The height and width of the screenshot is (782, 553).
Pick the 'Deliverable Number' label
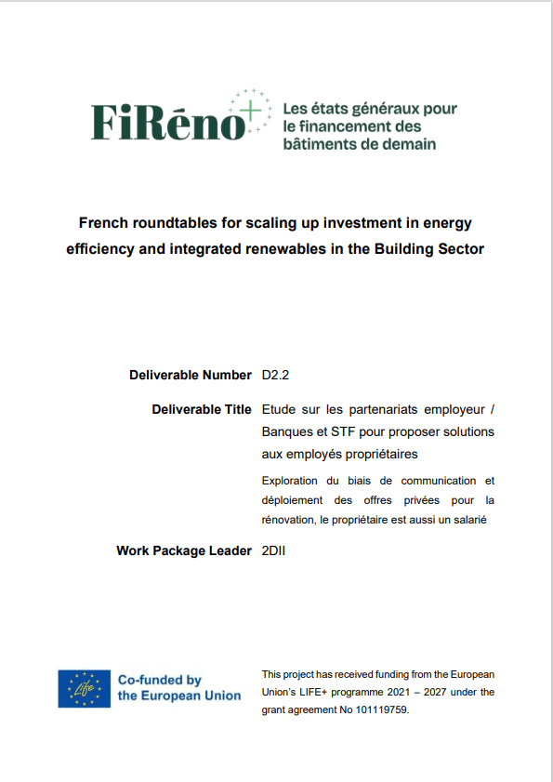(191, 376)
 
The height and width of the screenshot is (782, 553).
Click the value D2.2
(278, 376)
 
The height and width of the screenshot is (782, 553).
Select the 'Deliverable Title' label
(201, 409)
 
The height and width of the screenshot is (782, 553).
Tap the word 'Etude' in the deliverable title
(281, 409)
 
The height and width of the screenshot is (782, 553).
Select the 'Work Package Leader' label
(184, 550)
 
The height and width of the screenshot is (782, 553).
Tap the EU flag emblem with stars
(84, 688)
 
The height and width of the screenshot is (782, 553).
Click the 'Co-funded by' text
(159, 680)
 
